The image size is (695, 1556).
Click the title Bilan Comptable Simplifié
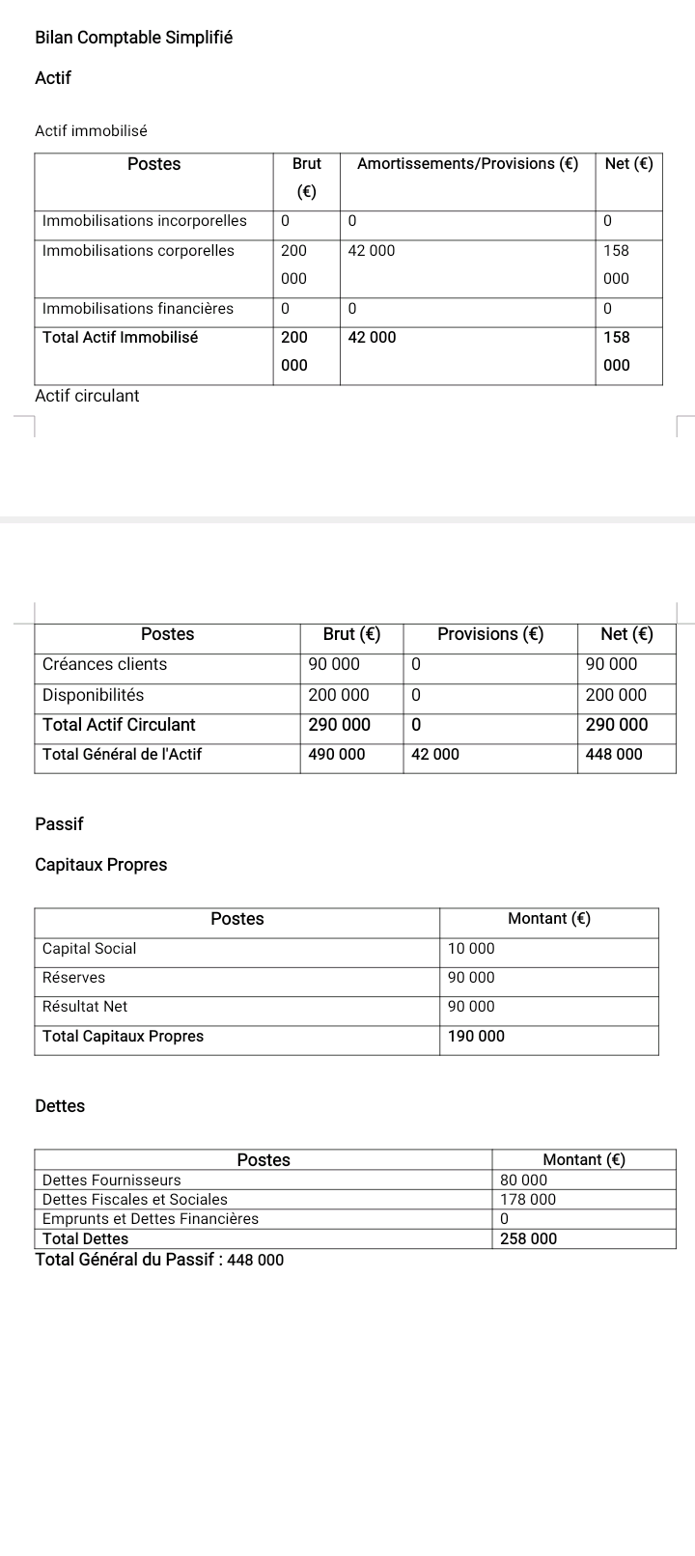133,38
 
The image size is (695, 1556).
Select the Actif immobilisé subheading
91,130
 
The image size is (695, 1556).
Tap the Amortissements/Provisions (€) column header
467,164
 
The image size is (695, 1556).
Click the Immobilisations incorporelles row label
145,221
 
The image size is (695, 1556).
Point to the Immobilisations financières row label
138,309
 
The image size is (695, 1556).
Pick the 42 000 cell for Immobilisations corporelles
372,251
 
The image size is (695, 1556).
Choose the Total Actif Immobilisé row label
121,338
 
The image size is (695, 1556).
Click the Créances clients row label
104,664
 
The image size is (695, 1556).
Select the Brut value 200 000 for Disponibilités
338,695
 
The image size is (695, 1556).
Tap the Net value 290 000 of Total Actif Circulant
616,725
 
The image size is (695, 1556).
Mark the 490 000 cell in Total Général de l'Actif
337,755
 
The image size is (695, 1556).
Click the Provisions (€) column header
490,634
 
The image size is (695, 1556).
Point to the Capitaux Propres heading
100,865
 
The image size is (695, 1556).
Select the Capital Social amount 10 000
471,949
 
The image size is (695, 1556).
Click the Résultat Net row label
85,1007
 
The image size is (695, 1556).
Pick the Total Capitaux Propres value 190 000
476,1037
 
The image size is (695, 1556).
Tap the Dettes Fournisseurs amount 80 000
523,1181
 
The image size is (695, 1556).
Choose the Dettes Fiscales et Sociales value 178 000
528,1200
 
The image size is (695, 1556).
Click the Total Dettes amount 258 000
528,1239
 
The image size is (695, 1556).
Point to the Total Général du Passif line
159,1260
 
